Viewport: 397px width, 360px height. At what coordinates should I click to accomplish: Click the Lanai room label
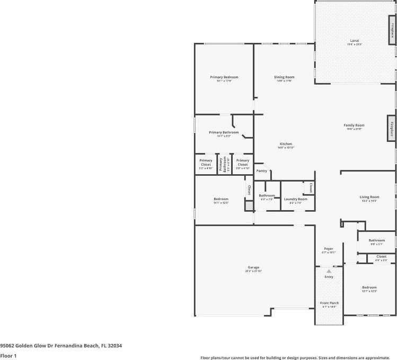click(354, 41)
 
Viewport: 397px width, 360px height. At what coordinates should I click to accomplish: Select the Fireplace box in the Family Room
click(392, 129)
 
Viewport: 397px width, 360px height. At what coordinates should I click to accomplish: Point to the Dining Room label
click(284, 77)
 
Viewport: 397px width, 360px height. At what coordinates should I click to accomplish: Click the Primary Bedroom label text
click(224, 77)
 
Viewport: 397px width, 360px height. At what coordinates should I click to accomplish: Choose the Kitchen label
click(286, 144)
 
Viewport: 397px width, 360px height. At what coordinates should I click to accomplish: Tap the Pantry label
click(262, 171)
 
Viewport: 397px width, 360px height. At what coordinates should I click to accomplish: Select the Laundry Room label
click(295, 199)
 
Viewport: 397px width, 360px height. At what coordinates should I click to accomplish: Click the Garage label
click(253, 267)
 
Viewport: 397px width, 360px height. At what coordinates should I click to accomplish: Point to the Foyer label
click(329, 249)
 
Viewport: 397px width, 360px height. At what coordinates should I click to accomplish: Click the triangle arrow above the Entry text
click(329, 271)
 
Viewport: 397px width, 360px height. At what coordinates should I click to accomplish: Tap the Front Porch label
click(329, 303)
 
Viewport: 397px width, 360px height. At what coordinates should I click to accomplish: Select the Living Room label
click(369, 197)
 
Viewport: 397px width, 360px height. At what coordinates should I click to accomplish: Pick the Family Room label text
click(355, 125)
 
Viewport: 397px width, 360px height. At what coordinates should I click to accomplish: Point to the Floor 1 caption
click(8, 356)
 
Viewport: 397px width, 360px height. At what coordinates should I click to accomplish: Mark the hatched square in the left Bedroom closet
click(248, 206)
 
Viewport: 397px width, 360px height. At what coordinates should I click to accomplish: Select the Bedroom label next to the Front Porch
click(369, 287)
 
